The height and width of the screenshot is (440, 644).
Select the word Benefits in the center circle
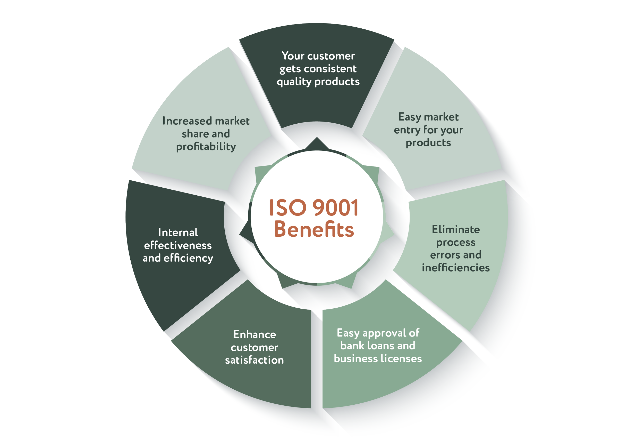pos(314,230)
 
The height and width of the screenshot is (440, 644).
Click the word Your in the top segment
pos(293,56)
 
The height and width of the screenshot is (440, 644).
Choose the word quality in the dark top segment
pos(294,82)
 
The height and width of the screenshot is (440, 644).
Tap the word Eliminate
pos(456,230)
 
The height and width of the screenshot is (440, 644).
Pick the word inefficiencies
pos(456,268)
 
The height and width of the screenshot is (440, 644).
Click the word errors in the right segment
pos(442,255)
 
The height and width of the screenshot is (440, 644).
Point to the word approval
pos(384,333)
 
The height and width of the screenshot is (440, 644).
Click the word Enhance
pos(255,334)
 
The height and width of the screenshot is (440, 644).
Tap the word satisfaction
pos(255,360)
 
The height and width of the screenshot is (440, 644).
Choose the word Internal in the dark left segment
pos(178,233)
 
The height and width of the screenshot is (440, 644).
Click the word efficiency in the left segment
pos(188,258)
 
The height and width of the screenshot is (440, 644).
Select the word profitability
pos(206,147)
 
